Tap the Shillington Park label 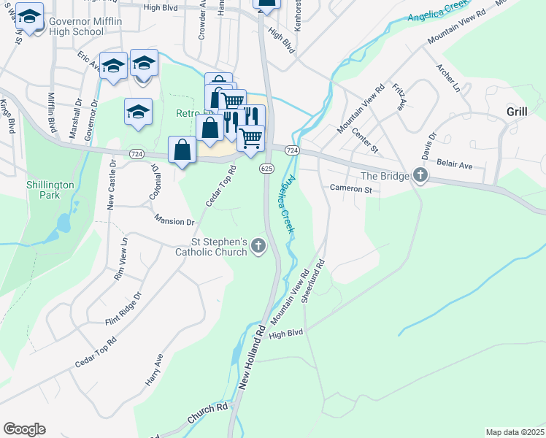(x=50, y=191)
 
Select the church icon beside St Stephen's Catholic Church (x=258, y=247)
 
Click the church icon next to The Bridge (x=420, y=175)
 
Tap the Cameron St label (x=351, y=189)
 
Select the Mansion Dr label (x=174, y=220)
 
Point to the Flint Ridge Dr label (x=123, y=307)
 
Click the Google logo (x=24, y=429)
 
